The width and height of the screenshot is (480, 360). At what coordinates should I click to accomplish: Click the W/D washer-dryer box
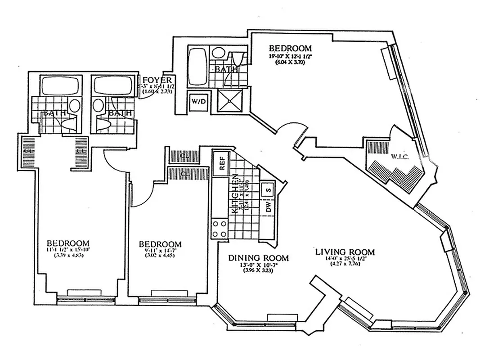point(198,101)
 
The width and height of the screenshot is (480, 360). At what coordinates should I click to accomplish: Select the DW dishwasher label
point(268,207)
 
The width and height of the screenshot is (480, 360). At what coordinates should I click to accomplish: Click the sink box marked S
point(268,190)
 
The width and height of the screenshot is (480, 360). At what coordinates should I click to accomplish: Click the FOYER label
point(155,80)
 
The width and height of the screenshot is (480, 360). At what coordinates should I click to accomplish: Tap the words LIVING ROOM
point(345,252)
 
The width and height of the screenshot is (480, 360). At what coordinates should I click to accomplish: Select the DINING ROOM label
point(258,258)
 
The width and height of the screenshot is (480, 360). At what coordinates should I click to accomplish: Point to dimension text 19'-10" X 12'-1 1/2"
point(290,57)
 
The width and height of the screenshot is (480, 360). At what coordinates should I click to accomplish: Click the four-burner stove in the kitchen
point(219,229)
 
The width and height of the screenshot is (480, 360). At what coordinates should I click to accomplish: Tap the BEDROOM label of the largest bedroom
point(290,48)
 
